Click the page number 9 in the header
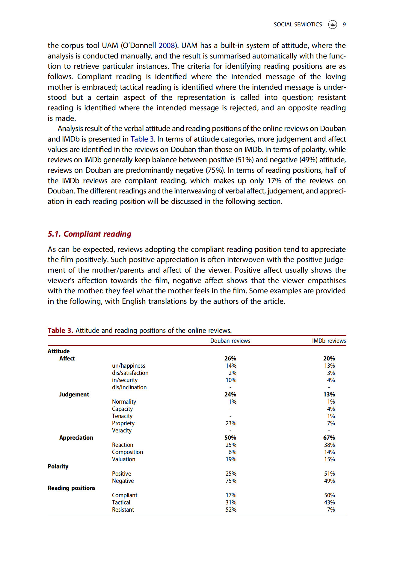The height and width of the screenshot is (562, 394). (344, 25)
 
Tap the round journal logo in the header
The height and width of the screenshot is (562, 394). (333, 25)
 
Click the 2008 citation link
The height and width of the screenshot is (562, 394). (167, 46)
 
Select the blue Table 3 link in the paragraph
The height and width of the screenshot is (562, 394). (142, 139)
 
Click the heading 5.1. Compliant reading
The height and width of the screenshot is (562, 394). (89, 234)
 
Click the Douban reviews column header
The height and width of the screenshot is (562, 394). (230, 341)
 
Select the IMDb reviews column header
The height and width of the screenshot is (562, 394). (329, 341)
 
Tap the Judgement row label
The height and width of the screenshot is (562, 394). (74, 395)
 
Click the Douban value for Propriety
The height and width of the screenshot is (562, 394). (231, 423)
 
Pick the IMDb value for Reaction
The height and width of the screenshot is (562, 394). (329, 445)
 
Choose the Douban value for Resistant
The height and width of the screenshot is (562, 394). (231, 510)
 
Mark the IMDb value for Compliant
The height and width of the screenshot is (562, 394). (329, 495)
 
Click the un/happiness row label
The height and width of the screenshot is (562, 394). (129, 366)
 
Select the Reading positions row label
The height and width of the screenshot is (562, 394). (71, 488)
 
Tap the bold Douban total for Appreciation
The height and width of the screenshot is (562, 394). (230, 438)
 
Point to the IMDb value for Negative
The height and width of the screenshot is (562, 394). (329, 481)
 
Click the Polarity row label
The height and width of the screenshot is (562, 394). (58, 467)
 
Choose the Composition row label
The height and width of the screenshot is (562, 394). (127, 452)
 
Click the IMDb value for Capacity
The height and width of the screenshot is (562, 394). (331, 409)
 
